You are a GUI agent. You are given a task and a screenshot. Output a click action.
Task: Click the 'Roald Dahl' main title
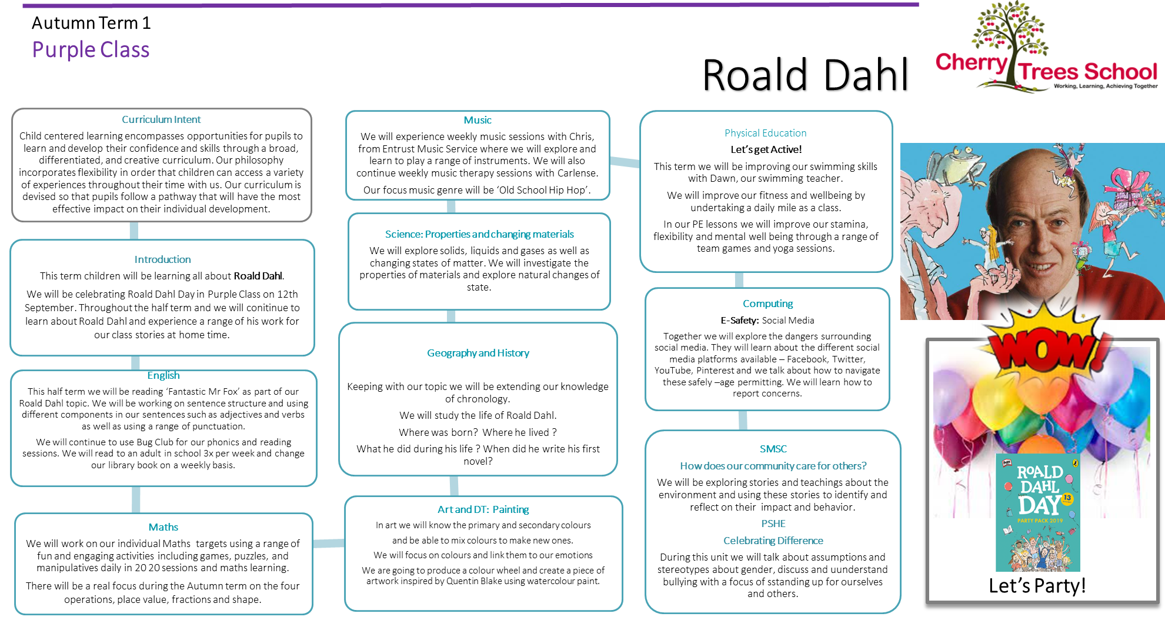(x=806, y=75)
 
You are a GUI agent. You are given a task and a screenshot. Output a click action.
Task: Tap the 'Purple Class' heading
(x=91, y=50)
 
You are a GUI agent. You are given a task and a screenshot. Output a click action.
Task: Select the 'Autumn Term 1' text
(x=91, y=23)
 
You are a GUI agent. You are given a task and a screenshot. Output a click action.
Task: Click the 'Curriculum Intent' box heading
(x=161, y=119)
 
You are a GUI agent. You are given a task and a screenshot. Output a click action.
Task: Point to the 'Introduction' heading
(x=162, y=259)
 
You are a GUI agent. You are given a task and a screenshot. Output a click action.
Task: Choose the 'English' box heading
(x=163, y=375)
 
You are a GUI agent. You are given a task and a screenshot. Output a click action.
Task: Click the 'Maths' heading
(x=163, y=527)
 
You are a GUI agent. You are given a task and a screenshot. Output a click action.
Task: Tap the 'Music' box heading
(x=478, y=120)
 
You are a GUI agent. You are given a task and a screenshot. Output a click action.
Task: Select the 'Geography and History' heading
(x=478, y=353)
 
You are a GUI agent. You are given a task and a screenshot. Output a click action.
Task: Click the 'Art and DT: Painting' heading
(x=483, y=509)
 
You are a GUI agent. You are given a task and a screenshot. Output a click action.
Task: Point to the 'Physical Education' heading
(x=766, y=133)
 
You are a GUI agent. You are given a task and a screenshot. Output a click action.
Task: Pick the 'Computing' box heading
(x=768, y=304)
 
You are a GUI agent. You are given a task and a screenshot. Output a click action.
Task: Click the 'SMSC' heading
(x=773, y=449)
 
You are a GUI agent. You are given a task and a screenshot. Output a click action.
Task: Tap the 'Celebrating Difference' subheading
(x=773, y=541)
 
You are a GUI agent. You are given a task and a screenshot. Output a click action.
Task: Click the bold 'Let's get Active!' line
(x=766, y=149)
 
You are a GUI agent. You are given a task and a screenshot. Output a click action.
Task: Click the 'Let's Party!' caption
(x=1037, y=586)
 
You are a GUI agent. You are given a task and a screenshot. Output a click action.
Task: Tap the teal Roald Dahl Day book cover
(x=1038, y=512)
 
